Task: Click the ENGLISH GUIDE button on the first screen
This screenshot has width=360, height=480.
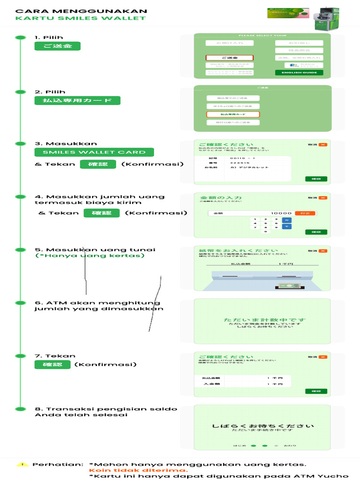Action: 299,73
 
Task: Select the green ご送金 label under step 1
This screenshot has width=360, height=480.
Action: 57,46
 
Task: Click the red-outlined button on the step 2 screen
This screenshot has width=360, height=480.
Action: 233,114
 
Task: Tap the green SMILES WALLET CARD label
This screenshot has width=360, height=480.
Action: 94,152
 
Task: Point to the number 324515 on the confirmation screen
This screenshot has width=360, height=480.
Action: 240,163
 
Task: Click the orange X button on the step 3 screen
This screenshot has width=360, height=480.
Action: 322,145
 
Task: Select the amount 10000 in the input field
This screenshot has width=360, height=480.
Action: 281,213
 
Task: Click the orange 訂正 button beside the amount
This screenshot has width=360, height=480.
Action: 305,213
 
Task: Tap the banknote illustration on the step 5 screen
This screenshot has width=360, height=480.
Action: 285,285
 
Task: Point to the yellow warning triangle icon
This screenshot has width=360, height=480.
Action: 22,465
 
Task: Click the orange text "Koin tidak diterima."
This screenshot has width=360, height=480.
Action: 138,470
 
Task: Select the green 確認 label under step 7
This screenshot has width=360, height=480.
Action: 52,365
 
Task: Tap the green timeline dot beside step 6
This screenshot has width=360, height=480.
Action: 20,303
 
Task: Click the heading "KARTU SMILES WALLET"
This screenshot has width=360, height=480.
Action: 80,18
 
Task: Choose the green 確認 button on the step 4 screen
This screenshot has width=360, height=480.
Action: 316,232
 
